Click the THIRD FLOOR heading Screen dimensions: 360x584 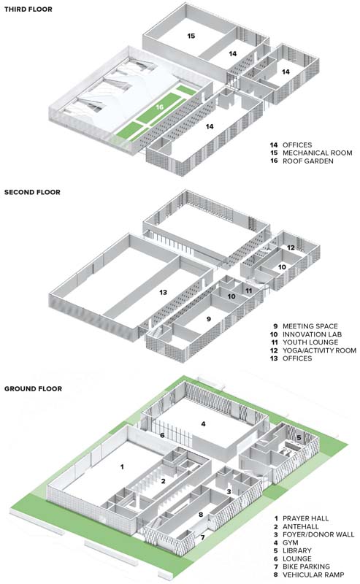[x=28, y=9]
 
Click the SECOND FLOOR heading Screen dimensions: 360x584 [x=32, y=192]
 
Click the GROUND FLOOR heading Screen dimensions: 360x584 [x=33, y=389]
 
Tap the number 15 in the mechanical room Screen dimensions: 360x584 [x=191, y=36]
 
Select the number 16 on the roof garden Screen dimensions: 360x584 [x=160, y=107]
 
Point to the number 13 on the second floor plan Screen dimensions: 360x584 [x=164, y=293]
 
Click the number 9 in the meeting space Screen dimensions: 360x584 [x=209, y=319]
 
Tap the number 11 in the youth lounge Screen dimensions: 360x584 [x=249, y=291]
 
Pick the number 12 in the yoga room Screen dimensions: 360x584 [x=291, y=247]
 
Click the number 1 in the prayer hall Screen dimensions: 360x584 [x=122, y=466]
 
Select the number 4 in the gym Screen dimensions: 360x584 [x=203, y=424]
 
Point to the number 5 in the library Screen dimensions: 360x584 [x=299, y=438]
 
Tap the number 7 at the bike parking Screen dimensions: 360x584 [x=203, y=537]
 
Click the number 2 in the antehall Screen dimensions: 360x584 [x=164, y=481]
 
